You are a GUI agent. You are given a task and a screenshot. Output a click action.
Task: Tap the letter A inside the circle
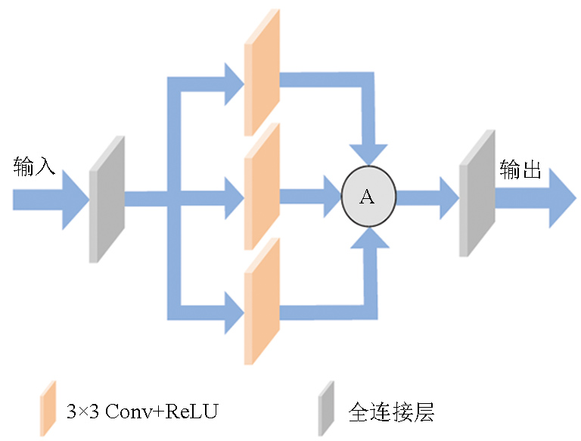367,197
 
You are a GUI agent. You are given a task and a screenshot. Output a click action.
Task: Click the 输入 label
34,166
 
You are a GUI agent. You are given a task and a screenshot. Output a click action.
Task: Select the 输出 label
520,171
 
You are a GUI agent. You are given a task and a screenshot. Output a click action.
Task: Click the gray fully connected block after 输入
106,199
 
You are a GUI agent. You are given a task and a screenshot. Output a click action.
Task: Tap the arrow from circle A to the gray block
427,198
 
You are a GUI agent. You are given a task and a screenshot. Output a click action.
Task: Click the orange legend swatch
49,408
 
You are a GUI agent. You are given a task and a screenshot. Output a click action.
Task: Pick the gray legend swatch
325,408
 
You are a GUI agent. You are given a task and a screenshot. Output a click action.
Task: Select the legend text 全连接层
392,412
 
